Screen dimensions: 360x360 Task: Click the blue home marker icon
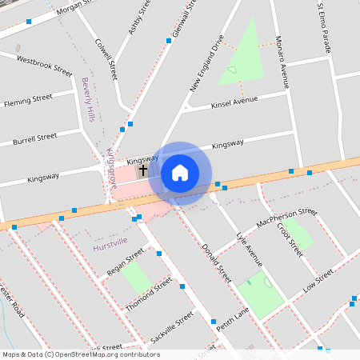point(180,172)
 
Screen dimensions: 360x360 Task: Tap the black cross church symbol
point(144,170)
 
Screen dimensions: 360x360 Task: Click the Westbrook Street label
point(45,63)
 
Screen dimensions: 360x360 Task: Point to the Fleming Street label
point(28,100)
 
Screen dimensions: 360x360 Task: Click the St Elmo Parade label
point(324,27)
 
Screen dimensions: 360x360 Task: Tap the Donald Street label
point(216,262)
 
